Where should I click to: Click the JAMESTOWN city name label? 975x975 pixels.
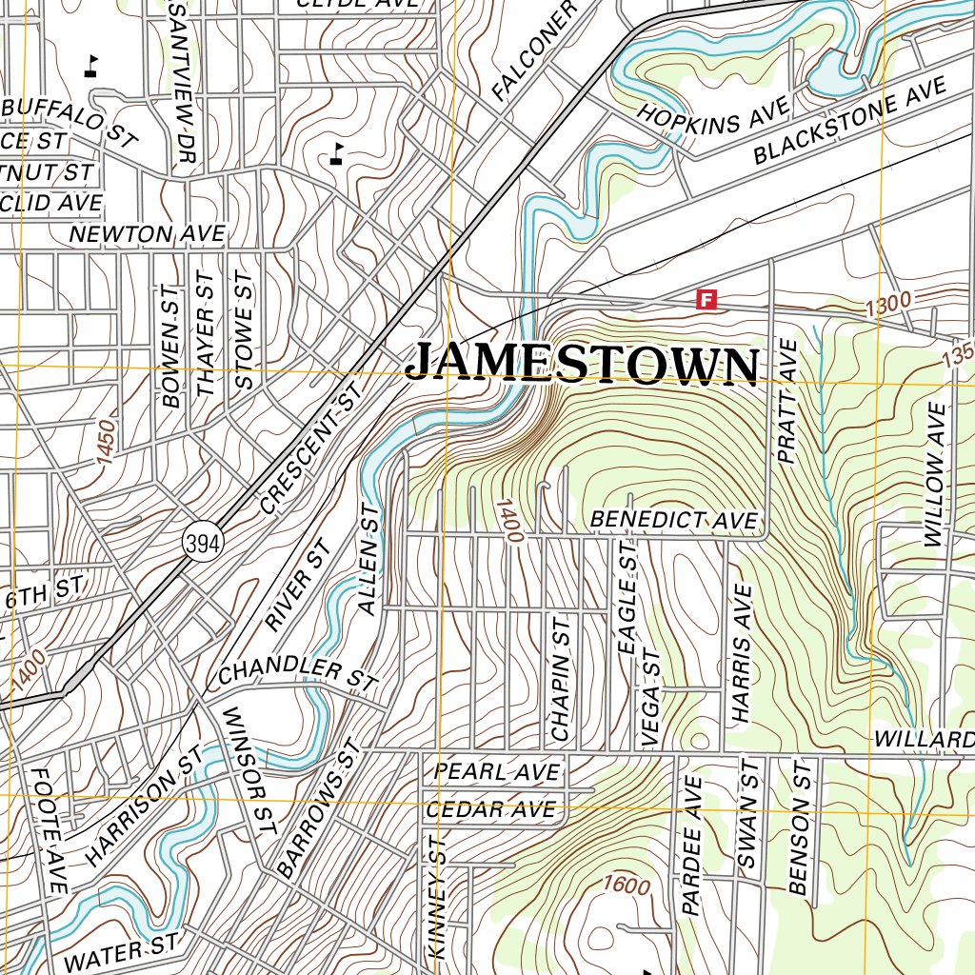click(582, 366)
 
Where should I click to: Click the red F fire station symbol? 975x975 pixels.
click(706, 300)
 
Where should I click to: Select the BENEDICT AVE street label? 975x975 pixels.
click(674, 520)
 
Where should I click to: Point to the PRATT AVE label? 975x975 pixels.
click(787, 401)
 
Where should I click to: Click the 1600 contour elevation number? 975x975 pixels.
click(627, 885)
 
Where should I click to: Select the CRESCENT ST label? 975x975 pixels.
click(312, 448)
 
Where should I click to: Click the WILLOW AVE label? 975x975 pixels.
click(936, 474)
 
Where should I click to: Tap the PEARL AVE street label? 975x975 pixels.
click(496, 771)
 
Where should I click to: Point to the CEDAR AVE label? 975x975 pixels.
click(490, 810)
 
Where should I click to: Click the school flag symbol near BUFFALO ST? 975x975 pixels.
click(91, 67)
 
